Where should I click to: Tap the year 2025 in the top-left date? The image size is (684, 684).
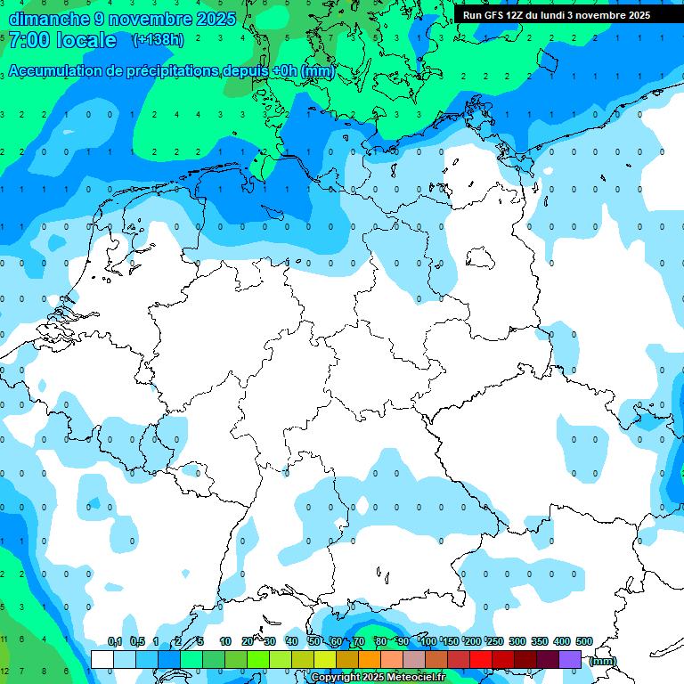[215, 18]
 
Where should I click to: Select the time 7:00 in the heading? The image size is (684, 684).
[28, 40]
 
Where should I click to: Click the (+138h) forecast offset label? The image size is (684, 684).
[158, 40]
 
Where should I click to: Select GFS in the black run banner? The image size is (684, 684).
[495, 15]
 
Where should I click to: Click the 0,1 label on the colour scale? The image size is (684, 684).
[115, 641]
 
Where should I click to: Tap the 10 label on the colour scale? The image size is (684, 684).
[225, 641]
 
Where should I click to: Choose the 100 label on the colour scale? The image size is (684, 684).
[428, 641]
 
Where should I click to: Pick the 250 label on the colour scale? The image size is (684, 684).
[495, 641]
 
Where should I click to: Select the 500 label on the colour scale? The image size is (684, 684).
[584, 641]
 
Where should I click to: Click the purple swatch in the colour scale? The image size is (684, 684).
[570, 659]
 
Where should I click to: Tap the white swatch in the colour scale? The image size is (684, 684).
[102, 659]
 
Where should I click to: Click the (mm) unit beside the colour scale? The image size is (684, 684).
[603, 660]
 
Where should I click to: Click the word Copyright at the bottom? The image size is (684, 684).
[335, 677]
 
